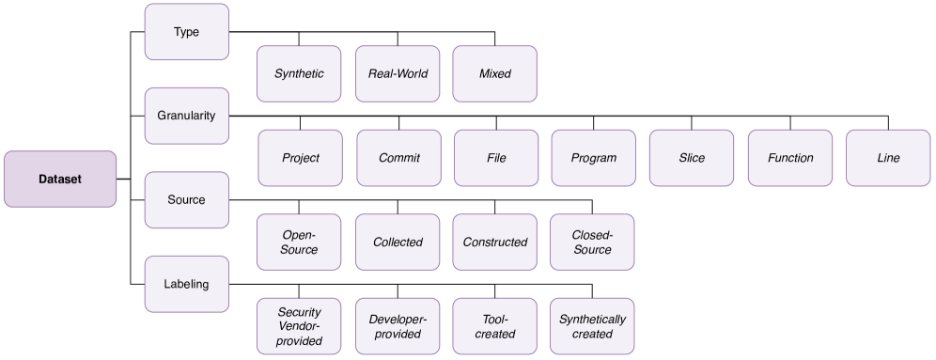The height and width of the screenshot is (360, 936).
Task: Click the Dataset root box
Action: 60,179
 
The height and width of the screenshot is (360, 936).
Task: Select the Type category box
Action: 186,32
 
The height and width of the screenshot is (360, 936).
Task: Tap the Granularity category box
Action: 186,116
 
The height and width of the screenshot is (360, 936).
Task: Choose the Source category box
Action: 186,199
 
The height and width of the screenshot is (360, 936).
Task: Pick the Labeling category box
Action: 186,283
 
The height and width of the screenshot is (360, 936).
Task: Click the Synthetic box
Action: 300,73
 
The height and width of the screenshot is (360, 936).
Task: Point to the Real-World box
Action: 398,73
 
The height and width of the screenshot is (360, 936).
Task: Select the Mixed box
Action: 495,73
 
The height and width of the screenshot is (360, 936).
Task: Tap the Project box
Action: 301,158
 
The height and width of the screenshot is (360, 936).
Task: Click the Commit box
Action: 398,158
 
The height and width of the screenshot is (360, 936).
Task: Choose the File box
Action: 496,158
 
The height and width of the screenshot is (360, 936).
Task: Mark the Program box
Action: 594,158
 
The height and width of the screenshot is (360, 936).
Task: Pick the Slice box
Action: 692,158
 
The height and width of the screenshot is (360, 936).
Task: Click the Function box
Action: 790,158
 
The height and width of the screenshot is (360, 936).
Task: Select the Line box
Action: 888,158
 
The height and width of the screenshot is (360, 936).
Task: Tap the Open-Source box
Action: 300,242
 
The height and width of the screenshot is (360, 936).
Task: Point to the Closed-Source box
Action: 593,242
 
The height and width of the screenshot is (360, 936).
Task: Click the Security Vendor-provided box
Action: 300,326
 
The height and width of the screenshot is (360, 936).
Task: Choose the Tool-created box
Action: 495,326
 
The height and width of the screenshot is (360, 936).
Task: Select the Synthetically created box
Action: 593,326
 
